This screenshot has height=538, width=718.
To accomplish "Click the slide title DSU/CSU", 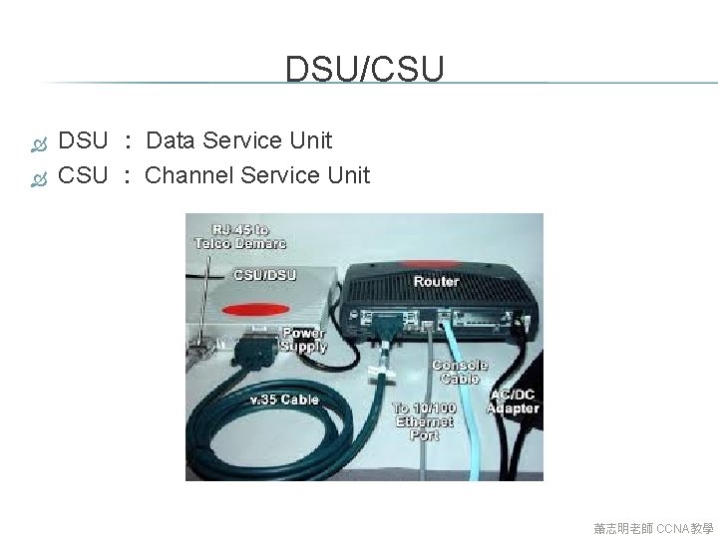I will tap(364, 69).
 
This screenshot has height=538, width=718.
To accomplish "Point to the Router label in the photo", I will tap(436, 281).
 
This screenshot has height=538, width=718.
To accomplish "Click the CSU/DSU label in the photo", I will tap(264, 274).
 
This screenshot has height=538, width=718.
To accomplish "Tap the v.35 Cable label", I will tap(284, 400).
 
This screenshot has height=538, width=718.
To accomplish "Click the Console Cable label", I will tap(460, 372).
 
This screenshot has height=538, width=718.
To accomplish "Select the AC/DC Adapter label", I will tap(515, 401).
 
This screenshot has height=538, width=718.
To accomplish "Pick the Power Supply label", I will tap(304, 340).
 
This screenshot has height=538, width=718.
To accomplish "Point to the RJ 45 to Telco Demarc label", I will tap(239, 236).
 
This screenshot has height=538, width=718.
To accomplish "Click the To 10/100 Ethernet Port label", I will tap(424, 421).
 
